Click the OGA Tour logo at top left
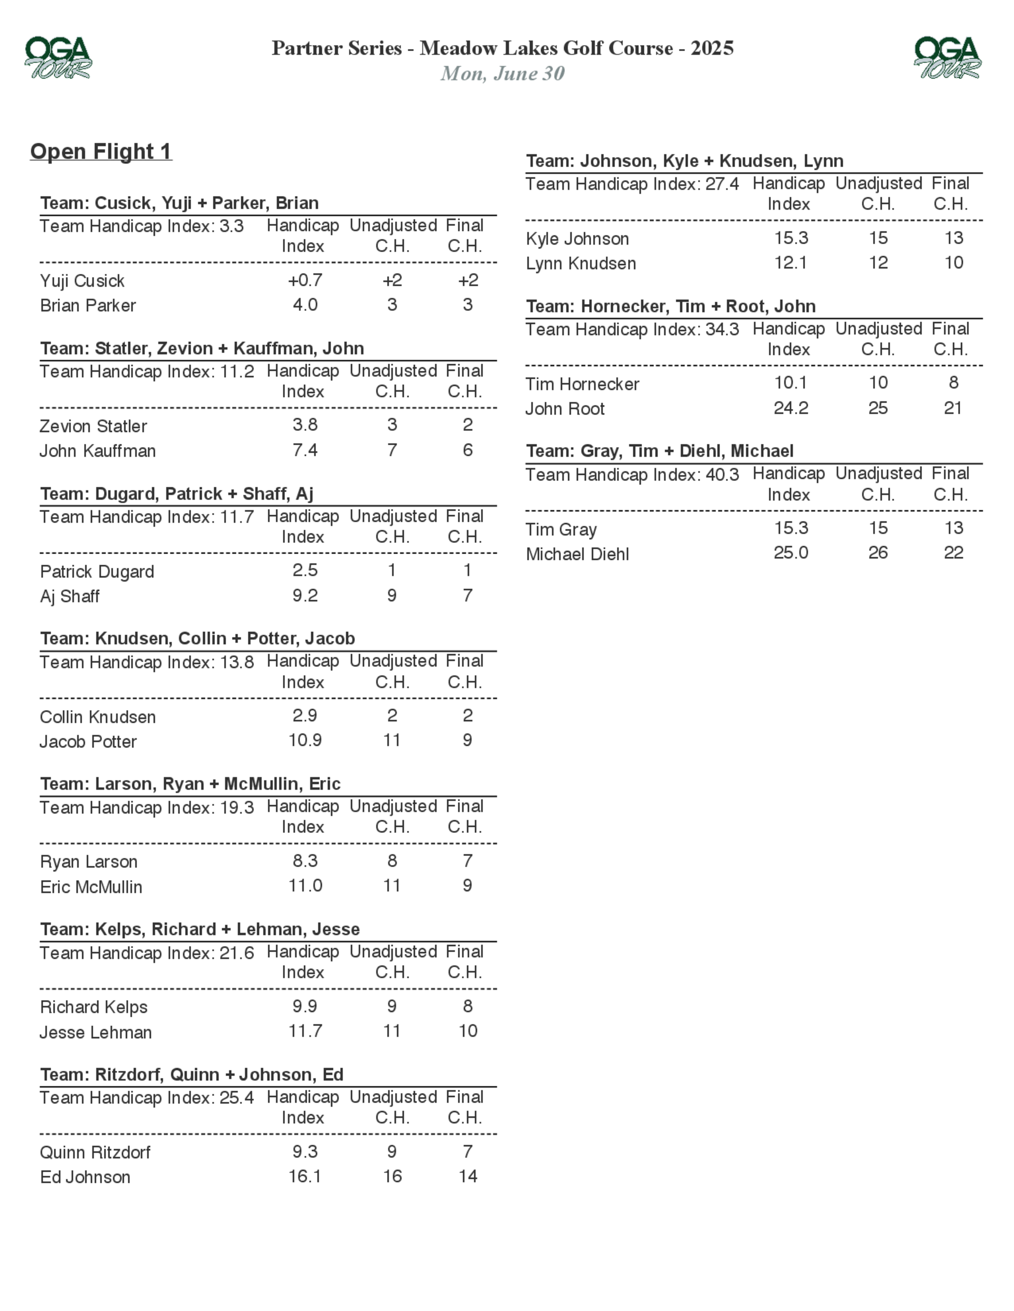pos(58,58)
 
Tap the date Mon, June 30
pos(502,73)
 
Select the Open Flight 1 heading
pos(101,151)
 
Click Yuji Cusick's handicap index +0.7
pos(305,280)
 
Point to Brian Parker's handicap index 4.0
pos(305,305)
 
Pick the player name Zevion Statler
pos(93,426)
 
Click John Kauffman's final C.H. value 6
pos(467,450)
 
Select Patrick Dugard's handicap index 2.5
pos(305,570)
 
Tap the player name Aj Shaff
pos(69,596)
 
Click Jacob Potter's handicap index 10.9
pos(305,740)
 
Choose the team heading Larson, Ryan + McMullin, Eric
pos(190,784)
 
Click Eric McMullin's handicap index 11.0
pos(305,885)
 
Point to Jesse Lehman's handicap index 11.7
pos(305,1031)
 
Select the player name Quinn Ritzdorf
pos(95,1152)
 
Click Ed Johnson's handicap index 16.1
pos(305,1177)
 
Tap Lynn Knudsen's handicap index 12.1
pos(790,263)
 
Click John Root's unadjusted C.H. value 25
pos(878,408)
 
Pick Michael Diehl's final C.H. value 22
pos(953,553)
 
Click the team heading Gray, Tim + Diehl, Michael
pos(660,451)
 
